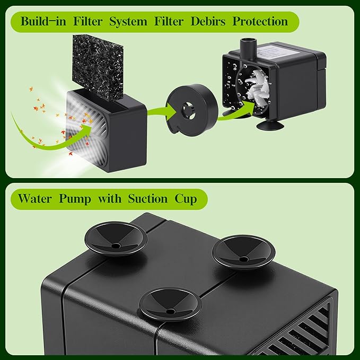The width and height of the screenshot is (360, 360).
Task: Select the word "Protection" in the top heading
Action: point(259,22)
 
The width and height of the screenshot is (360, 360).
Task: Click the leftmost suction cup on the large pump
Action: point(116,238)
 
